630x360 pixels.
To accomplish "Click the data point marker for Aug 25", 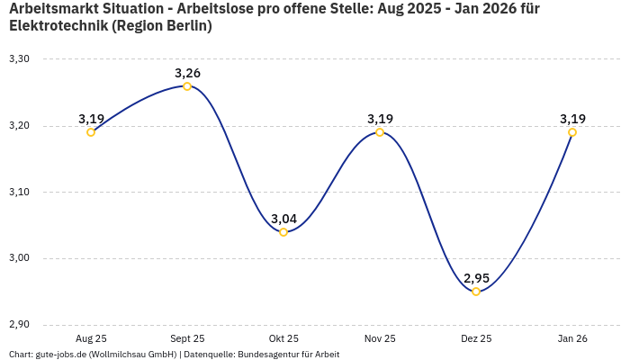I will coord(91,132).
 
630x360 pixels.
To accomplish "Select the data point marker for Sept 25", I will coord(187,86).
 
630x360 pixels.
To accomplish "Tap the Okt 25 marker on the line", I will coord(283,232).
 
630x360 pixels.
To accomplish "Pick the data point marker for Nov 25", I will coord(380,132).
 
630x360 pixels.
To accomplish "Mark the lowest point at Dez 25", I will coord(476,292).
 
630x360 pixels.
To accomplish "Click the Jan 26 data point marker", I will coord(572,132).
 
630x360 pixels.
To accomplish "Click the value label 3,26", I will coord(187,73).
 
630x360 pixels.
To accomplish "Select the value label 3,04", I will coord(283,219).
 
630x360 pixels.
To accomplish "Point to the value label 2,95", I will coord(476,278).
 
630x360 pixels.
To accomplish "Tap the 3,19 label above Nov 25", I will coord(380,119).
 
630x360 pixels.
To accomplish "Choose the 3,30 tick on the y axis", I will coord(19,59).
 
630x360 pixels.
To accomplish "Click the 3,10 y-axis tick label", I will coord(19,192).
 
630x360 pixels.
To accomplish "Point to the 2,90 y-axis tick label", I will coord(19,325).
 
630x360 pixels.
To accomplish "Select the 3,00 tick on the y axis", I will coord(19,258).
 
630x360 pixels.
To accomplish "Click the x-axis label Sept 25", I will coord(187,338).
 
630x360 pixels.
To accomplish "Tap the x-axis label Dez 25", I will coord(476,338).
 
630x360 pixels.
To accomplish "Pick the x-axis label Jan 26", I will coord(572,338).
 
